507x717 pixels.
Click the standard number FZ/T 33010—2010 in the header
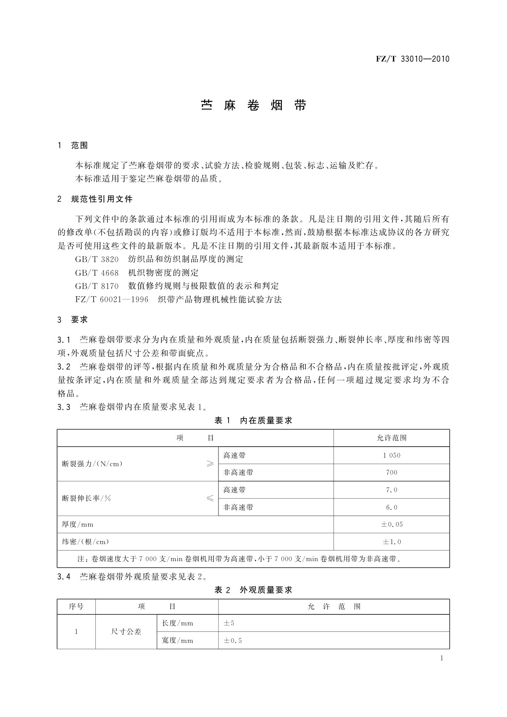click(x=412, y=59)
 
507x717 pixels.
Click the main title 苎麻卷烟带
click(x=253, y=106)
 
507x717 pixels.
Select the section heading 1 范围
click(x=73, y=146)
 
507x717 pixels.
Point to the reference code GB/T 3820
click(x=97, y=259)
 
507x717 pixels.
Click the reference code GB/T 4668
click(x=97, y=272)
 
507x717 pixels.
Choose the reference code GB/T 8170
click(x=97, y=286)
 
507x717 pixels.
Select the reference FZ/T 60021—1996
click(x=112, y=299)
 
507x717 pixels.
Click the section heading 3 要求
click(x=73, y=319)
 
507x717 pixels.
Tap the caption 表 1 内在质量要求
click(x=253, y=421)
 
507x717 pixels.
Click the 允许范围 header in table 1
click(x=391, y=438)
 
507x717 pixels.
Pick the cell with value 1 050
click(x=391, y=455)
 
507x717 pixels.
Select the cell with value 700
click(x=391, y=472)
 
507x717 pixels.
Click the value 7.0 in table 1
click(x=391, y=490)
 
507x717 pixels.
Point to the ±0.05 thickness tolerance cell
click(x=391, y=525)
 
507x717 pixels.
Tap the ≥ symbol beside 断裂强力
click(x=210, y=464)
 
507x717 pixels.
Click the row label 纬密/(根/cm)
click(x=86, y=542)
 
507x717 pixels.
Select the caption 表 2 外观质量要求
click(x=253, y=590)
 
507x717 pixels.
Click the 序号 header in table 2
click(x=76, y=606)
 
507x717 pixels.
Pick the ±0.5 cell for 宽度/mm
click(x=233, y=640)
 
